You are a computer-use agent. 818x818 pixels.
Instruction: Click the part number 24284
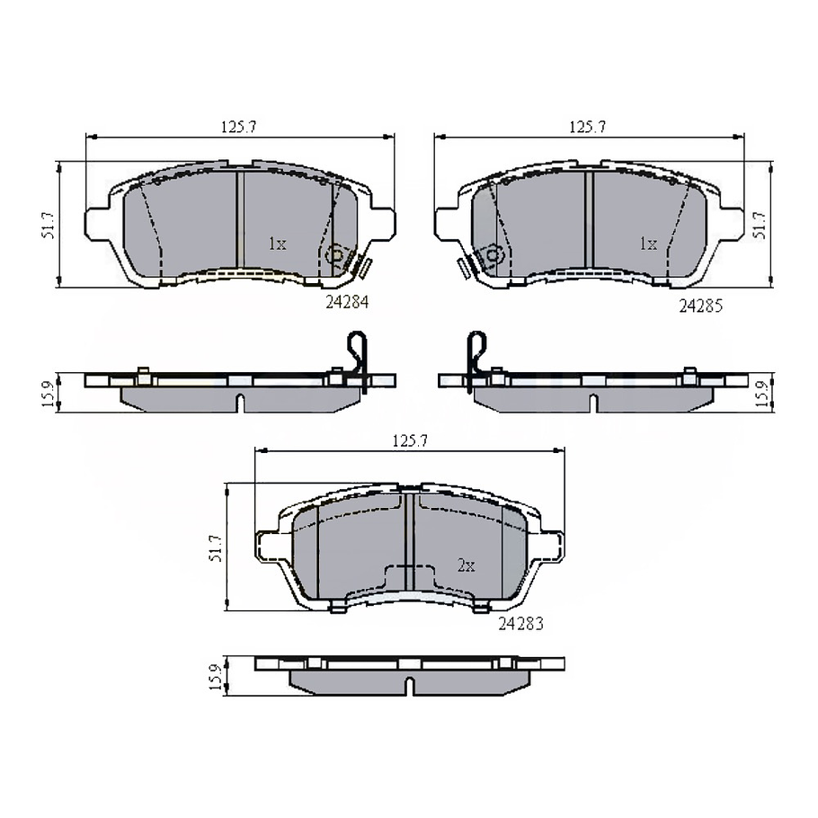click(x=348, y=304)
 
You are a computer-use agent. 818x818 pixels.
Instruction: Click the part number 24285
click(x=700, y=307)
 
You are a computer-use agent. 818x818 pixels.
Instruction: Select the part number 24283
click(x=521, y=622)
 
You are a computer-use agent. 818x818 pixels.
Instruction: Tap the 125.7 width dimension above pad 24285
click(x=587, y=128)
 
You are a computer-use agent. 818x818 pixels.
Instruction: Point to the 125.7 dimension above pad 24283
click(x=408, y=440)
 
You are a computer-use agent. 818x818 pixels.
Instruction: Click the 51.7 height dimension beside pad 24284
click(x=49, y=225)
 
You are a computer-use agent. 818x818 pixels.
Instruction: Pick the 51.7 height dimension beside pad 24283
click(x=214, y=547)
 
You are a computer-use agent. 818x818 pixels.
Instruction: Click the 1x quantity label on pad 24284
click(x=277, y=244)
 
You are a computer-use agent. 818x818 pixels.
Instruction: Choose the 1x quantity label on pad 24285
click(x=647, y=244)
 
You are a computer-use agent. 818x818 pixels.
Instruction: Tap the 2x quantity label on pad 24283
click(x=466, y=565)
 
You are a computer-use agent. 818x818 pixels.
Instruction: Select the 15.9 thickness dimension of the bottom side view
click(x=214, y=677)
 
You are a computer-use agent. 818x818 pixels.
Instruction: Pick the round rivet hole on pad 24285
click(x=493, y=255)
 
